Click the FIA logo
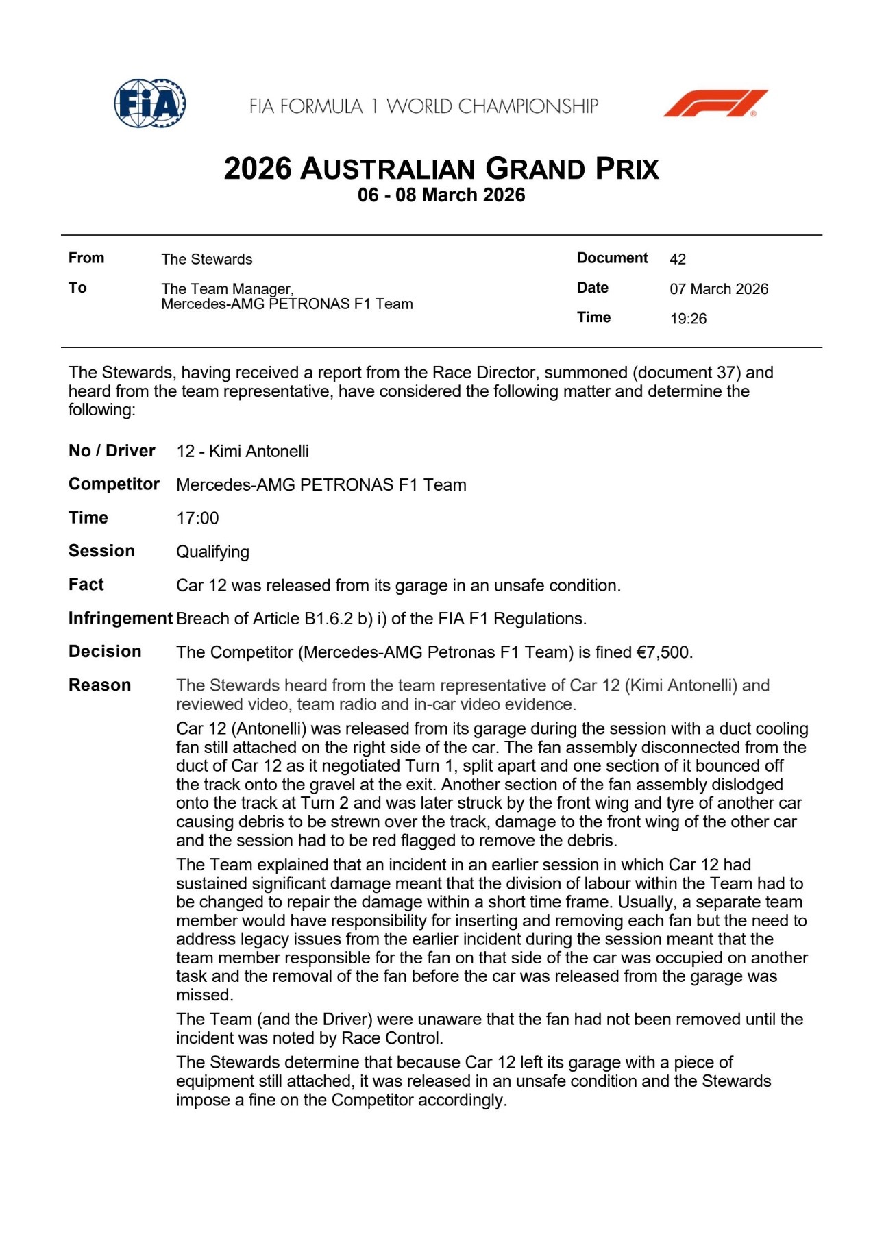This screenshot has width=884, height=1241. tap(149, 103)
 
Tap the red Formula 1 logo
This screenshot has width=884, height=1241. tap(715, 103)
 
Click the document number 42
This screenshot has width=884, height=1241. tap(677, 259)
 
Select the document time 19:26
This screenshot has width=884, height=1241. tap(688, 319)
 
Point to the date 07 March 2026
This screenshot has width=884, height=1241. tap(719, 289)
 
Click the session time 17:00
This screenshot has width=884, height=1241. tap(197, 518)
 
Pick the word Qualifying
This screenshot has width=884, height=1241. tap(212, 552)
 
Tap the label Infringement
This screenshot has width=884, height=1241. tap(120, 618)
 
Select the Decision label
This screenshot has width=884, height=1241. tap(105, 652)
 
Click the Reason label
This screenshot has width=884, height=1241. tap(99, 685)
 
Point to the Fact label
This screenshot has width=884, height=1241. tap(86, 585)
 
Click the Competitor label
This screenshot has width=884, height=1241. tap(114, 484)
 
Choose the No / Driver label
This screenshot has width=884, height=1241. tap(112, 451)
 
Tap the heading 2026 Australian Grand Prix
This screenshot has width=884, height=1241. tap(441, 169)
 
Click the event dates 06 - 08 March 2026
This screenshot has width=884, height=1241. tap(441, 195)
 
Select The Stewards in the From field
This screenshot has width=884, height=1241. tap(207, 259)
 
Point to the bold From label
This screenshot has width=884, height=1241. tap(86, 258)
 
